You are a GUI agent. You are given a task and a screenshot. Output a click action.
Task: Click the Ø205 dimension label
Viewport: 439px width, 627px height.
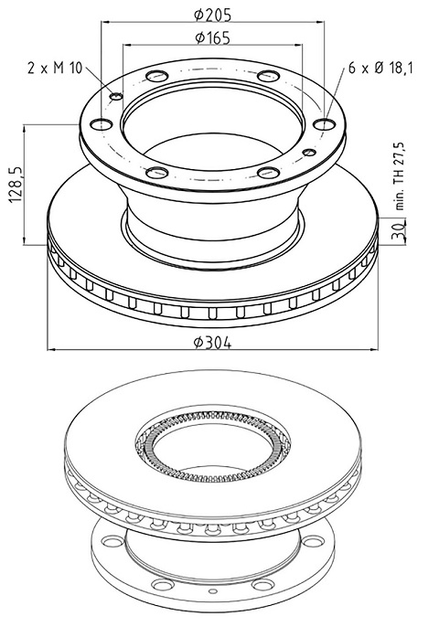tap(212, 15)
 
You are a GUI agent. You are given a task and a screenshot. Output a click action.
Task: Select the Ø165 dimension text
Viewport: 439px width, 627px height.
tap(212, 37)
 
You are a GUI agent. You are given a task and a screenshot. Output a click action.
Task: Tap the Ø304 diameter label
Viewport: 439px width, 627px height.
tap(212, 343)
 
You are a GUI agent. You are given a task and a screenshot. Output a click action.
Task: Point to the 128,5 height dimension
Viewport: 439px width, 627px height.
tap(16, 185)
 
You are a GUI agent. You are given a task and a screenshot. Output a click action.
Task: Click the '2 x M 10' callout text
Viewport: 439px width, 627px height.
tap(55, 68)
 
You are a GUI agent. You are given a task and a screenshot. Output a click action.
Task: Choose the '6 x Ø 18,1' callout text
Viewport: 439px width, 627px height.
tap(380, 68)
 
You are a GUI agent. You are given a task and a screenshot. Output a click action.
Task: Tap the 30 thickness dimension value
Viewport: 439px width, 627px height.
tap(399, 230)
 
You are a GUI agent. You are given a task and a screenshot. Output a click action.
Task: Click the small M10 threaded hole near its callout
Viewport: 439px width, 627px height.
tap(116, 96)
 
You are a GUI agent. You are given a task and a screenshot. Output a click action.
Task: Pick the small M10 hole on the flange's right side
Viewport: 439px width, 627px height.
tap(309, 153)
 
